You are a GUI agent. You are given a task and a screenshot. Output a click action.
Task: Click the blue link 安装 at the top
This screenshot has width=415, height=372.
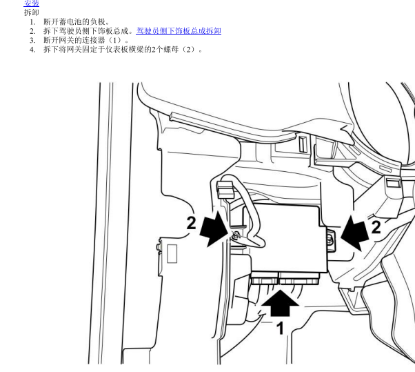tap(32, 3)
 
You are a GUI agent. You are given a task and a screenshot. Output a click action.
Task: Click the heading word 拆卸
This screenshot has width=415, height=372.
tap(32, 12)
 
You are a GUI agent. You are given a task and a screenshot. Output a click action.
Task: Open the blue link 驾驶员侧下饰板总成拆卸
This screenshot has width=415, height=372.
tap(179, 31)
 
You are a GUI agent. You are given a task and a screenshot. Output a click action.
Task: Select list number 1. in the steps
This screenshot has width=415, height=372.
tap(32, 22)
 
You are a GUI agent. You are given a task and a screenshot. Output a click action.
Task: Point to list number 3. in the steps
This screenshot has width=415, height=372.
tap(32, 40)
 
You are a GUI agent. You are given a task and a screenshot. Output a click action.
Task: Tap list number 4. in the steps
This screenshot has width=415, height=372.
tap(32, 50)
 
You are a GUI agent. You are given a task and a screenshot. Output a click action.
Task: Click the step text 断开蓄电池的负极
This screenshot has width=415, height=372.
tap(74, 21)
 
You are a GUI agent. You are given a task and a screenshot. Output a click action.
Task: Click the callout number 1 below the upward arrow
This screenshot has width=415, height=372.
tap(280, 328)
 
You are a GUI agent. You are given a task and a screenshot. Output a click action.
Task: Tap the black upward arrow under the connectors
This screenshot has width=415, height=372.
tap(281, 303)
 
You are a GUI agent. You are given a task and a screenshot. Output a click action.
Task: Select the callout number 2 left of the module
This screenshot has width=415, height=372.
tap(192, 223)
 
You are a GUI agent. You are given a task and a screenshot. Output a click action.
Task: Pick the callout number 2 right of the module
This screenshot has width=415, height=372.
tap(376, 227)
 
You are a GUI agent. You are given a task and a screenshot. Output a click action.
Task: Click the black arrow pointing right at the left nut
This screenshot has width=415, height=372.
tap(214, 229)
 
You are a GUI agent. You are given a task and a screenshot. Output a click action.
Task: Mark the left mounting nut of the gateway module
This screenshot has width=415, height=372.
tap(236, 235)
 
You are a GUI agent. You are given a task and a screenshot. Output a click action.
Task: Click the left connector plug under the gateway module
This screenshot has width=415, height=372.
tap(265, 278)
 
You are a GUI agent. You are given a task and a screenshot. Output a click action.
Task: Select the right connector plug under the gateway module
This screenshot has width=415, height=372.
tap(299, 278)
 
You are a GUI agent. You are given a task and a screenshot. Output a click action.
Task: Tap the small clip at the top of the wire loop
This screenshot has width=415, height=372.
tap(225, 190)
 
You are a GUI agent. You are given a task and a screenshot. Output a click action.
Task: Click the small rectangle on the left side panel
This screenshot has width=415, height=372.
tap(172, 254)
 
